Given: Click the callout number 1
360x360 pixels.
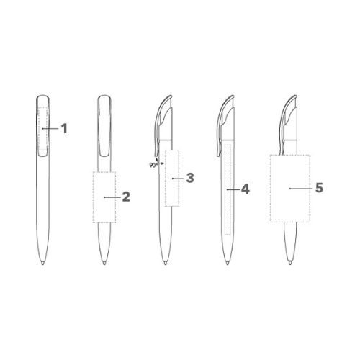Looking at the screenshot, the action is coord(64,129).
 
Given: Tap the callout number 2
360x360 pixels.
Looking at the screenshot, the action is coord(126,197).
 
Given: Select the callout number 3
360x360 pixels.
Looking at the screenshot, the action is coord(190,178).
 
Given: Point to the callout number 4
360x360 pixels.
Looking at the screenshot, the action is coord(246,189).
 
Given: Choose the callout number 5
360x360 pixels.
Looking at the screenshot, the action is coord(319,188).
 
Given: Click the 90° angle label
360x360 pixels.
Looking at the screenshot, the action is coord(153,165).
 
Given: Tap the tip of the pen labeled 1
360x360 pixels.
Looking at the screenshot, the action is coord(42,264).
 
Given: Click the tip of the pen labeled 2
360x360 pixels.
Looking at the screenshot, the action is coord(104,264).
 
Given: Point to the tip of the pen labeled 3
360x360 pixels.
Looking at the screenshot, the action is coord(166,264).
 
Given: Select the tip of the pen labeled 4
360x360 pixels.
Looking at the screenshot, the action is coord(228,264).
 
